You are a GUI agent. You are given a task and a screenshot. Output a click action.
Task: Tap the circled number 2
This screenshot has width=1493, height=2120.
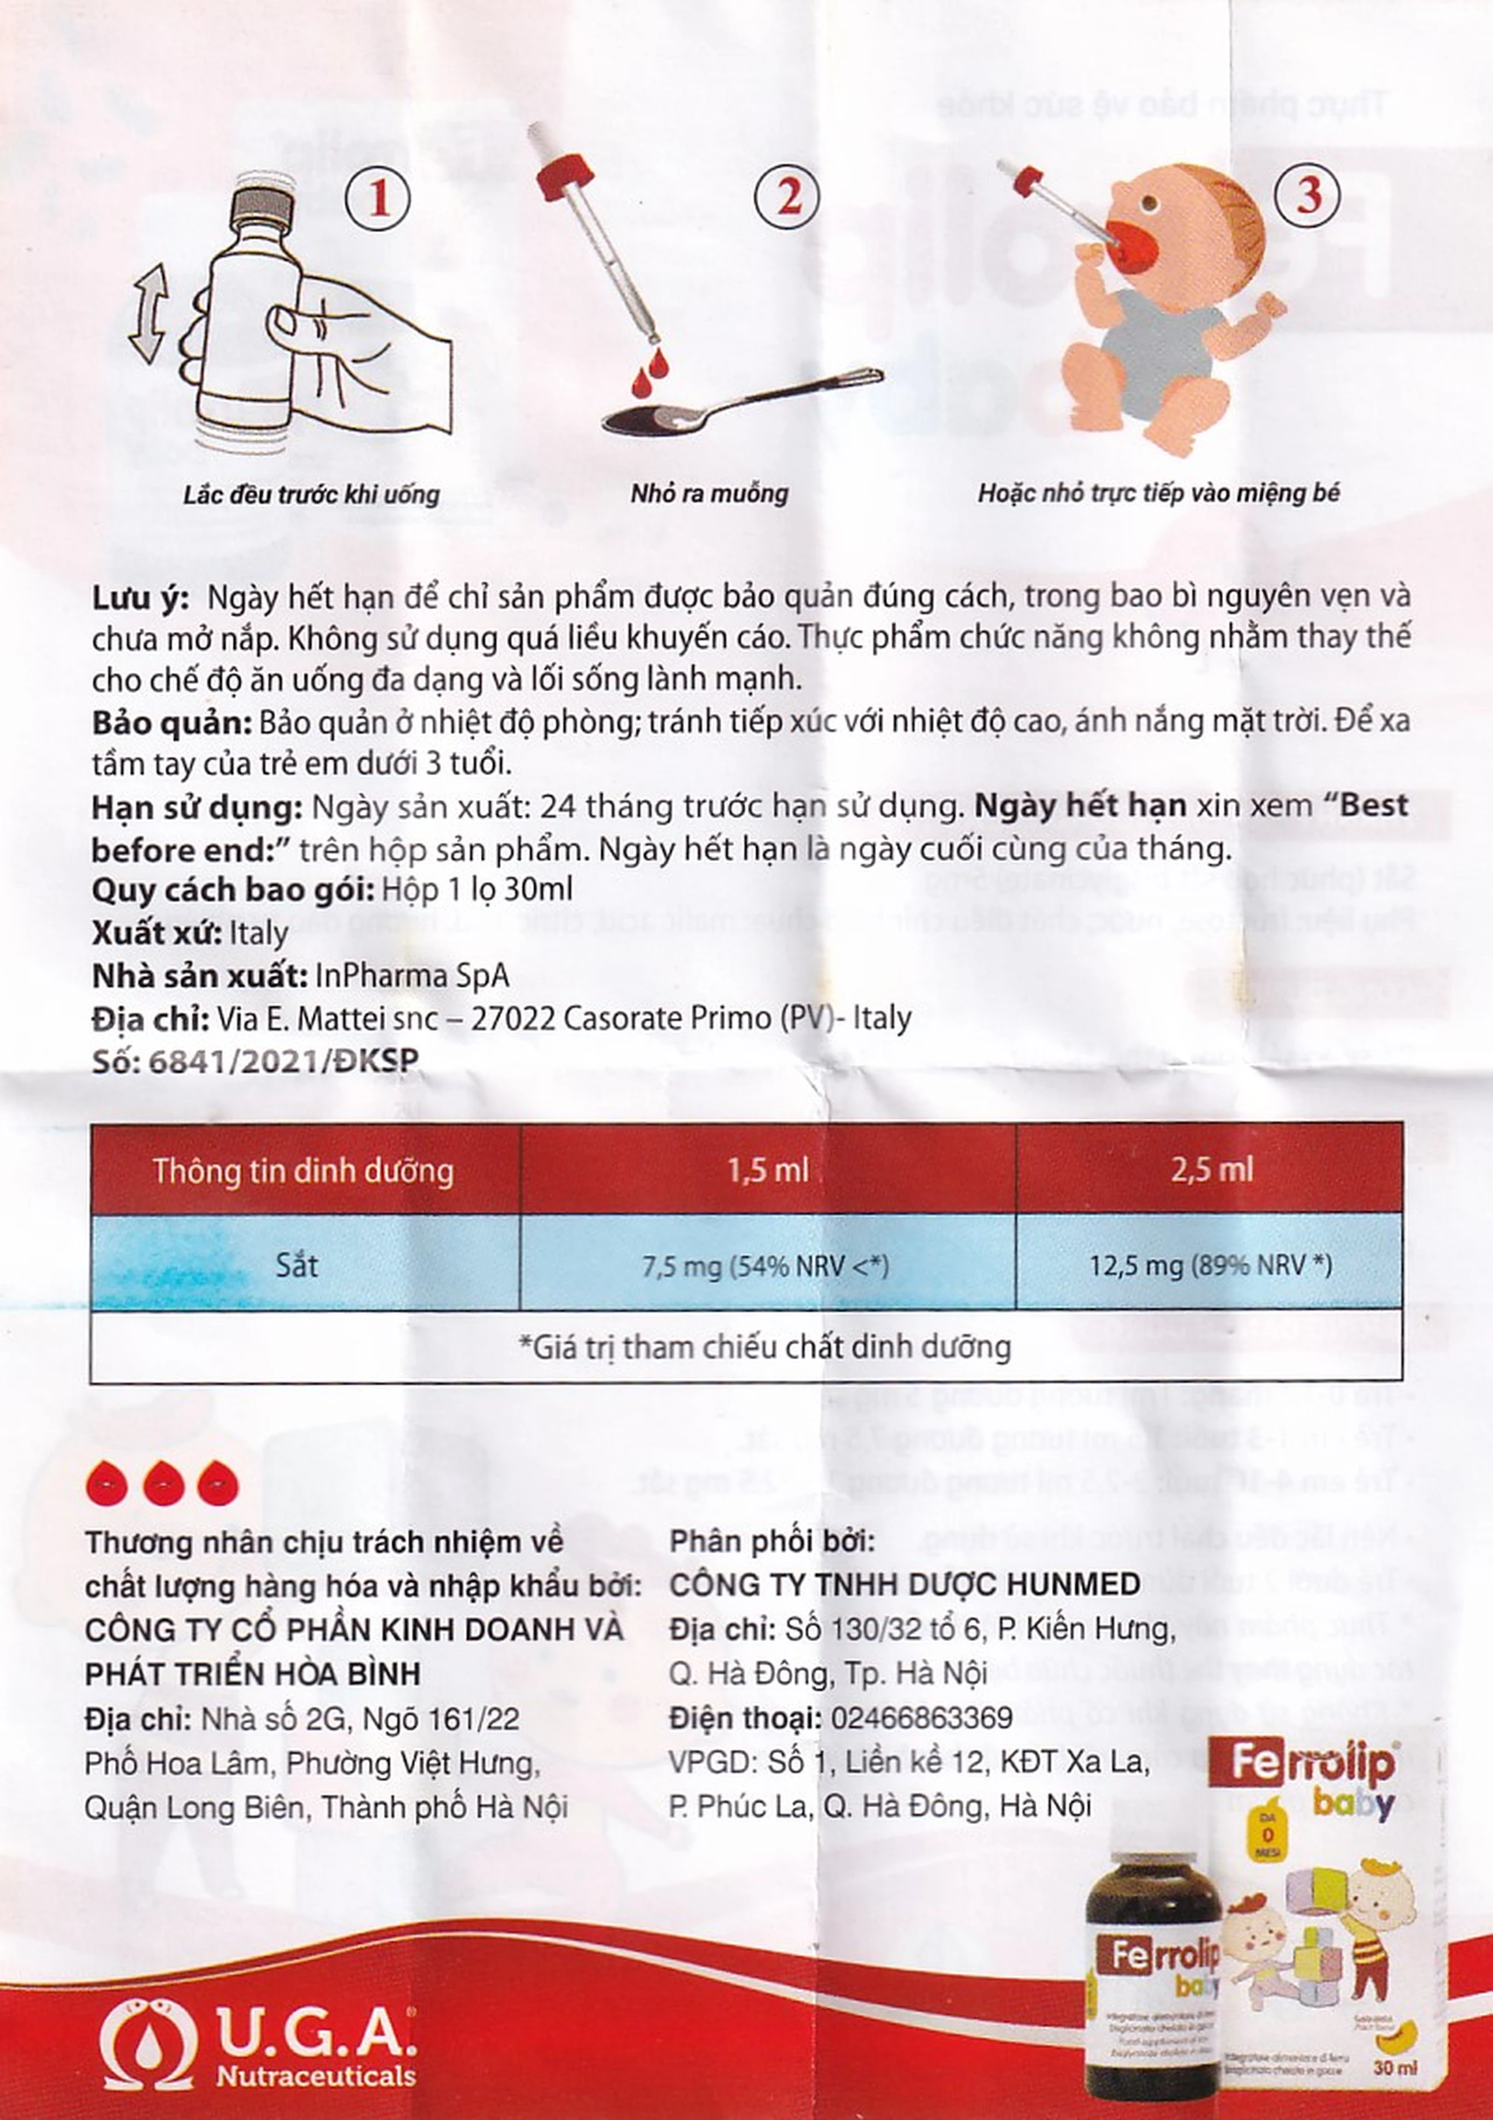click(787, 198)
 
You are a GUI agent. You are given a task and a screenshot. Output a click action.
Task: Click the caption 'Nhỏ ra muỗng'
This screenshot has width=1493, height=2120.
click(709, 493)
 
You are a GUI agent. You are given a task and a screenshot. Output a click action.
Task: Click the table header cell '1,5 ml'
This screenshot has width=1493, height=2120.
click(767, 1171)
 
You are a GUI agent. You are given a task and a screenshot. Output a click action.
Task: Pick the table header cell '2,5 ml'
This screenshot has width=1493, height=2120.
click(1211, 1171)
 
